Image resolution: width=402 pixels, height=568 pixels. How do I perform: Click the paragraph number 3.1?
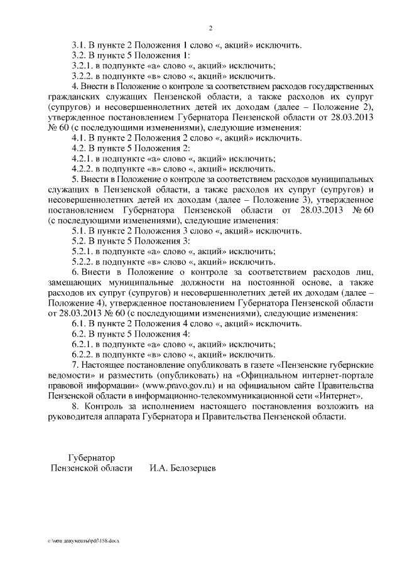[79, 45]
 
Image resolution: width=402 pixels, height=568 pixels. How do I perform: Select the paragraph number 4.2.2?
[82, 168]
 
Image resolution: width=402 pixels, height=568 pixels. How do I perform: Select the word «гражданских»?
[74, 97]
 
